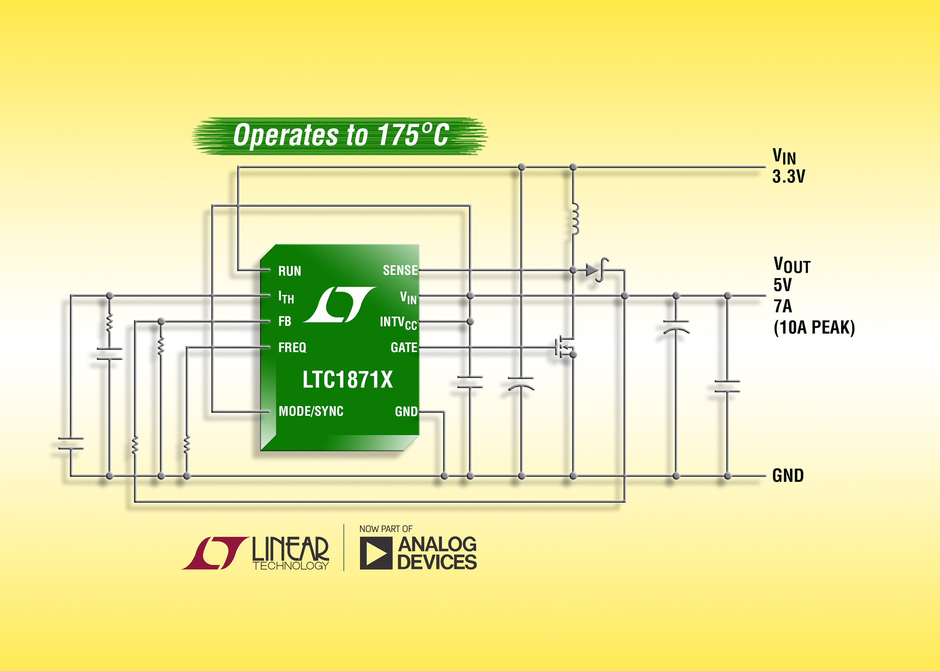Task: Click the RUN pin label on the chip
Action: tap(290, 271)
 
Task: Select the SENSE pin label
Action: tap(400, 270)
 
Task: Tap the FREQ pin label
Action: tap(292, 348)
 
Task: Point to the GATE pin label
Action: tap(404, 348)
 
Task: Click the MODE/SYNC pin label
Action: tap(311, 412)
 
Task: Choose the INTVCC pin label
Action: tap(398, 323)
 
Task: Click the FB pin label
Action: tap(285, 321)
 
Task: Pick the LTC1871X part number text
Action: tap(347, 380)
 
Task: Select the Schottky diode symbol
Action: tap(595, 270)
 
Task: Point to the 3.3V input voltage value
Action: tap(788, 177)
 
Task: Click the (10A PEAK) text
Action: tap(814, 328)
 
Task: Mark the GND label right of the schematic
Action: tap(788, 476)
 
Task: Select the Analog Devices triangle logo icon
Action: tap(376, 553)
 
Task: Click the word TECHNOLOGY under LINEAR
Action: tap(291, 566)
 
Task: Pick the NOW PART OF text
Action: tap(386, 529)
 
